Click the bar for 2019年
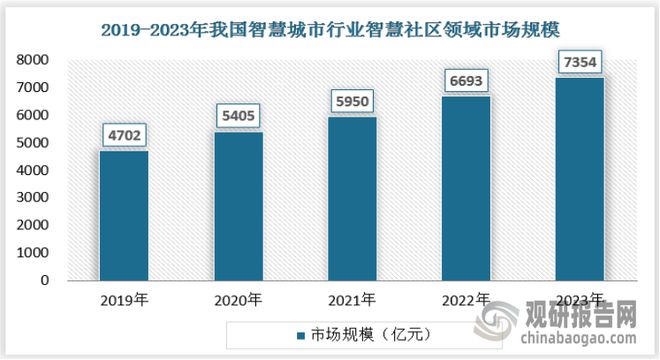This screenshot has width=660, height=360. [123, 215]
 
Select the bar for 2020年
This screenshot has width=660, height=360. [237, 206]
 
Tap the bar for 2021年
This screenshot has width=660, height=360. [351, 198]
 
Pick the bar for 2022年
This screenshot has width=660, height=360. [465, 188]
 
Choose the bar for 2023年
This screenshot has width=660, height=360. [579, 179]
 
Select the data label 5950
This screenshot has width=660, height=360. [351, 101]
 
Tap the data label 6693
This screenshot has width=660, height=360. [465, 80]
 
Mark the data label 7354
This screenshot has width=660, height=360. [579, 62]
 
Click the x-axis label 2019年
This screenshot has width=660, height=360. [123, 299]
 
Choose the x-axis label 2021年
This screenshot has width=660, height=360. [351, 299]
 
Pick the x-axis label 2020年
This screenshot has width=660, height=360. [237, 299]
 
